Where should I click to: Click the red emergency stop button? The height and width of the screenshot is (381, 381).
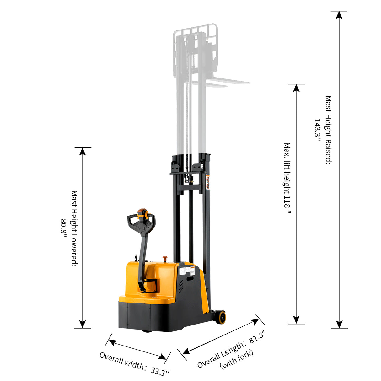[164, 259]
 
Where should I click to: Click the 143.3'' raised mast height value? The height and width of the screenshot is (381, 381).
[318, 130]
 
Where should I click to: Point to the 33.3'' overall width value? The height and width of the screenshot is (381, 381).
[160, 371]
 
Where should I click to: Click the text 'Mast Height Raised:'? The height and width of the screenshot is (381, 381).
[328, 130]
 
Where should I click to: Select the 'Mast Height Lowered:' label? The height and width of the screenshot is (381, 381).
[74, 228]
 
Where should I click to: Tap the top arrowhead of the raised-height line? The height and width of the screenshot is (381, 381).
[339, 15]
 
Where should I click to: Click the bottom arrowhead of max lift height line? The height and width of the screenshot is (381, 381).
[297, 320]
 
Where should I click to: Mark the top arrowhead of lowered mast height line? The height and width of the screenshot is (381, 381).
[83, 151]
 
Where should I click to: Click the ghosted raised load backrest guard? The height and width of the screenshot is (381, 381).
[195, 31]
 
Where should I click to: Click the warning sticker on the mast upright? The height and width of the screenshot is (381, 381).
[207, 182]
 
